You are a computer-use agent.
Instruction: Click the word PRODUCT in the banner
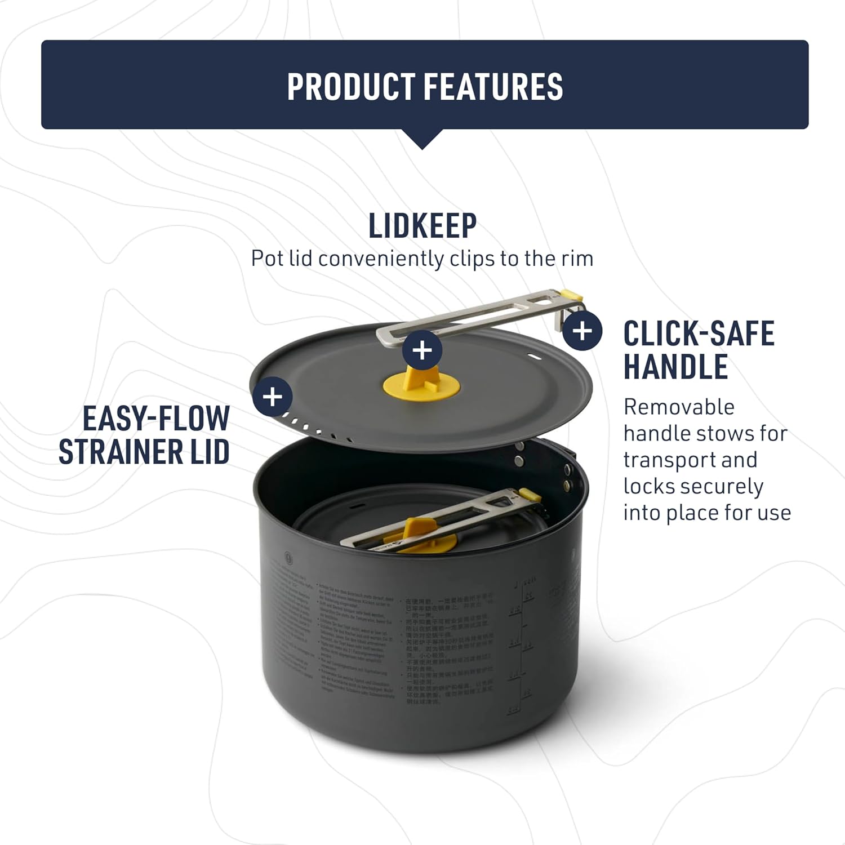click(350, 87)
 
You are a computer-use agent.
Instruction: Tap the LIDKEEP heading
click(422, 226)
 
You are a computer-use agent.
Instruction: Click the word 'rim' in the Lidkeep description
click(577, 259)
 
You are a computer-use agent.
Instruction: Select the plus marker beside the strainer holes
click(272, 397)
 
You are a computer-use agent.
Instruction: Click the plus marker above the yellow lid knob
click(422, 350)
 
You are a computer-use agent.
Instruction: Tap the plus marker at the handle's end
click(582, 331)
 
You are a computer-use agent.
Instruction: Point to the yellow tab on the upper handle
click(572, 295)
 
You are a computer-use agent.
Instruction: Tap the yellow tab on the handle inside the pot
click(530, 495)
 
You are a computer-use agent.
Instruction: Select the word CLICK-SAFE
click(699, 333)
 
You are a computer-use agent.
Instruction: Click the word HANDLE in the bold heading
click(675, 367)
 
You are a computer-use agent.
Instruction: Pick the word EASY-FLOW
click(156, 418)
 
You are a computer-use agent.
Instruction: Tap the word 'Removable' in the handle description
click(679, 407)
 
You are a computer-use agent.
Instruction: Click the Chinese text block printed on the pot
click(448, 648)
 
